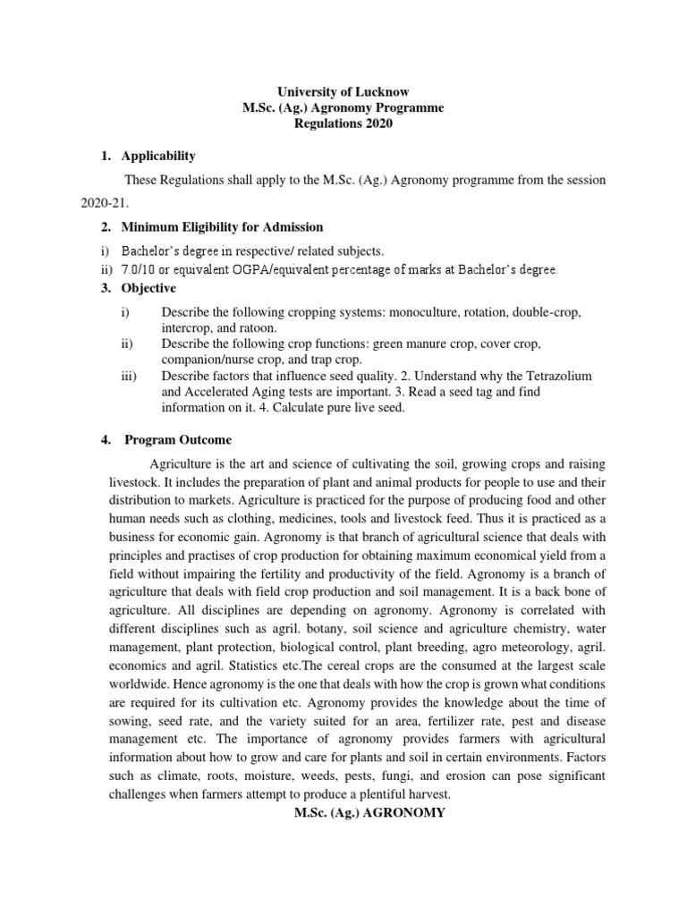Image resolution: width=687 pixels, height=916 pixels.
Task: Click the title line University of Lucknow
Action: click(x=343, y=92)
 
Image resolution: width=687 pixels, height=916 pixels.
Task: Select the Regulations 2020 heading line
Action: click(x=343, y=124)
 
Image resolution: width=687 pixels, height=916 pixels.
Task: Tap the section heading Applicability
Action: click(x=159, y=157)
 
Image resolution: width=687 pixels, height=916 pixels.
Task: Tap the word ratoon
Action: click(x=256, y=328)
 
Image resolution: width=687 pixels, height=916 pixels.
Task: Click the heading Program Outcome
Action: click(x=177, y=440)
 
